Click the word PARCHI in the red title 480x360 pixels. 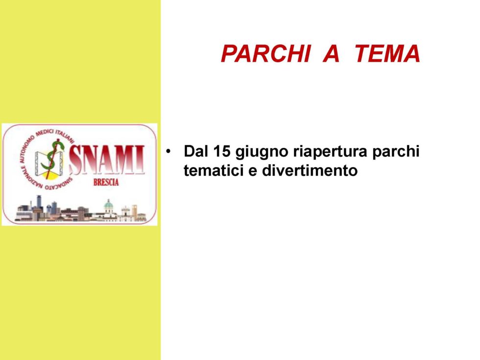tap(265, 53)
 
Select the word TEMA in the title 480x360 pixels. tap(387, 53)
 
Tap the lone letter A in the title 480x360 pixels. tap(332, 53)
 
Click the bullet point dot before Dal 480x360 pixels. tap(168, 151)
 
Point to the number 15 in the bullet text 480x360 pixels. tap(222, 151)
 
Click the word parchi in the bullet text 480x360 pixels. tap(396, 152)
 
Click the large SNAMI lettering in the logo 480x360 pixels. tap(107, 160)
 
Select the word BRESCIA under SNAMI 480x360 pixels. tap(106, 182)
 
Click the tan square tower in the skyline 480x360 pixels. tap(135, 211)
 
